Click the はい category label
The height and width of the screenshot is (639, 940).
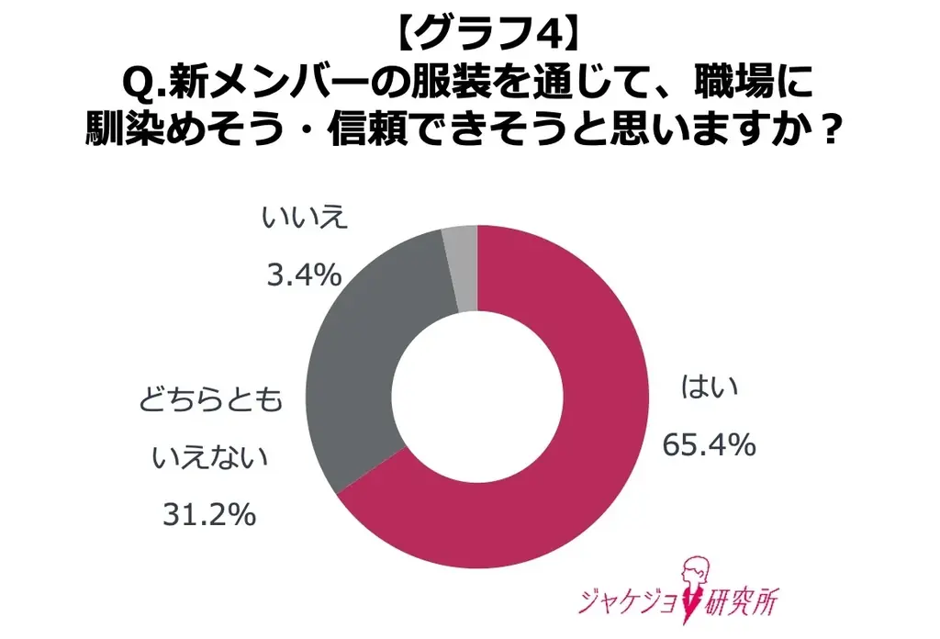[709, 390]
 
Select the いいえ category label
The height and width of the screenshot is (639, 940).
[303, 219]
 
